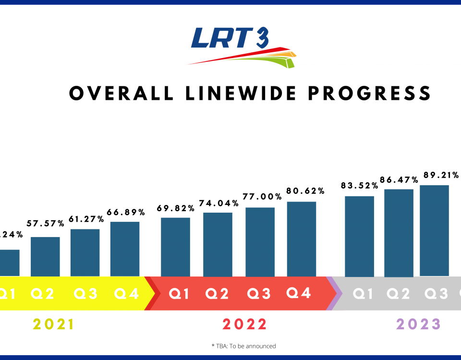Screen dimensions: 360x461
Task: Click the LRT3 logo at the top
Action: (x=240, y=46)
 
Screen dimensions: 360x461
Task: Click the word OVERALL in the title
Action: (x=121, y=93)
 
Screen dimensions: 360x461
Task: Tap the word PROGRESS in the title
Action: (x=369, y=93)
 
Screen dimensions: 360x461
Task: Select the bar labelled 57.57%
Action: (x=45, y=256)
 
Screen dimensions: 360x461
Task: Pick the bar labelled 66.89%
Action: (x=125, y=249)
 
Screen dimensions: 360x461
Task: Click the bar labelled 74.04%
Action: (x=218, y=244)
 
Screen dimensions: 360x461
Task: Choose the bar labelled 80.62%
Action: (x=302, y=239)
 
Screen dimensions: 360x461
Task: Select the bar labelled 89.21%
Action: (x=434, y=230)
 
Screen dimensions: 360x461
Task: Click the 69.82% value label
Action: (x=176, y=208)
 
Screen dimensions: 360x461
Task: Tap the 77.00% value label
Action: (x=260, y=197)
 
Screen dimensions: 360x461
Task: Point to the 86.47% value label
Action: (x=399, y=179)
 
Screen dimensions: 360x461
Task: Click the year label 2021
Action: (x=54, y=324)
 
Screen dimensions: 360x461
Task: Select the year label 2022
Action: (x=244, y=324)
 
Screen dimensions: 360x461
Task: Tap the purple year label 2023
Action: (x=418, y=324)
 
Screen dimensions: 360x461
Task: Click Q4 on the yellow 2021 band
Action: (x=127, y=293)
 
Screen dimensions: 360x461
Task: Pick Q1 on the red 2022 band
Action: (x=180, y=293)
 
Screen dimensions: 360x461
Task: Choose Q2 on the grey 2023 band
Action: (x=399, y=293)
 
